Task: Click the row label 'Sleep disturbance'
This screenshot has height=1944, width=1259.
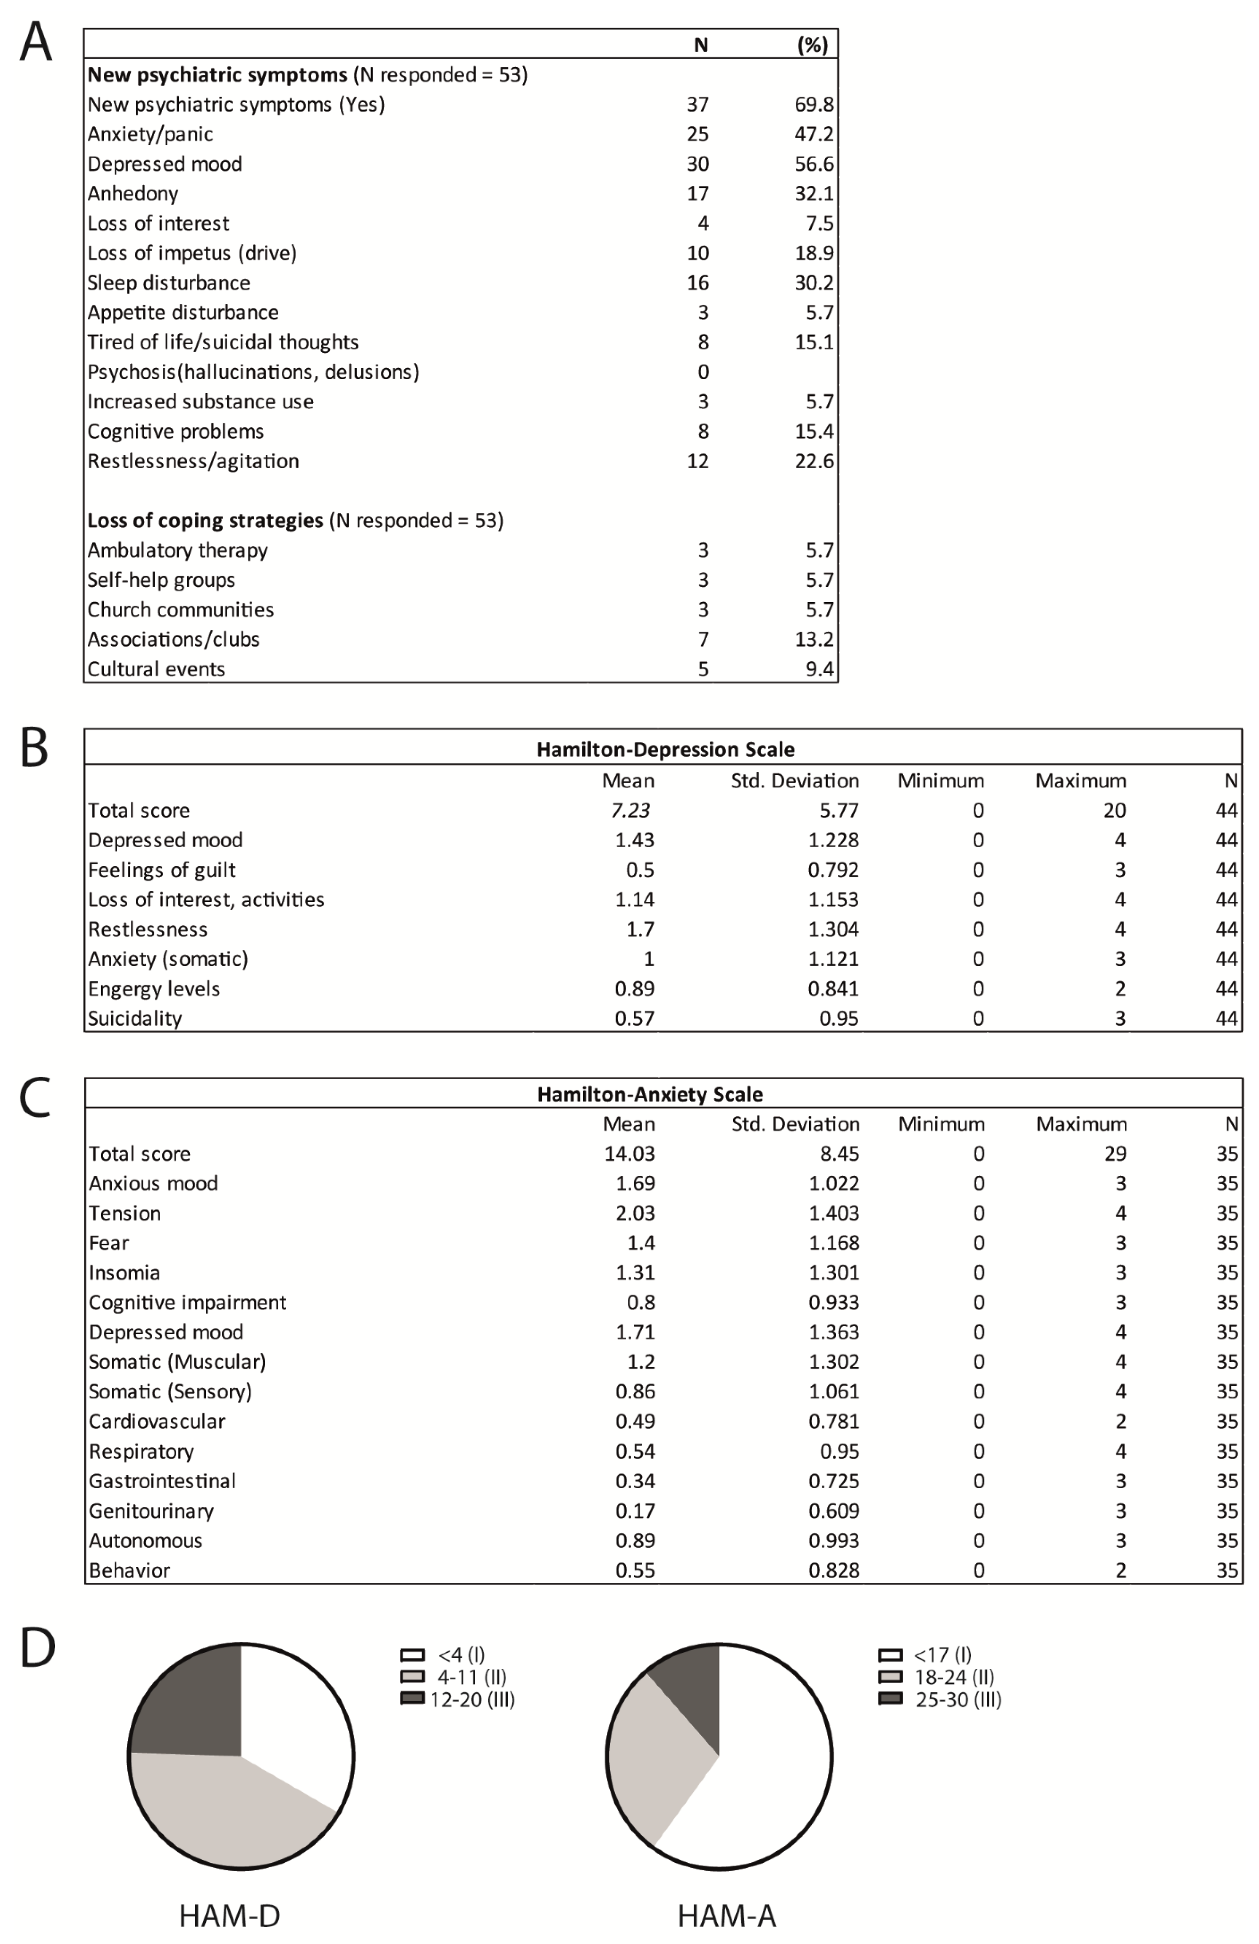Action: (168, 283)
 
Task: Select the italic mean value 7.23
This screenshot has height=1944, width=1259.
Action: (630, 810)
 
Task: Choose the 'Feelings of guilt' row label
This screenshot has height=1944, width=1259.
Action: (162, 870)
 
